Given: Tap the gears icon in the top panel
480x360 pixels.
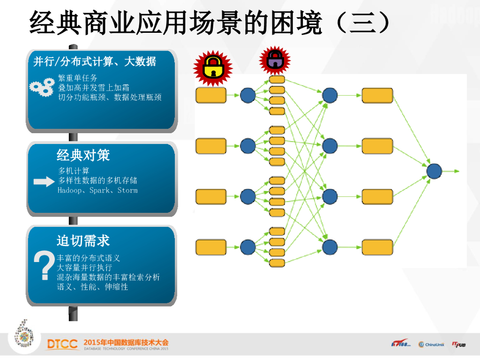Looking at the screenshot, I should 42,87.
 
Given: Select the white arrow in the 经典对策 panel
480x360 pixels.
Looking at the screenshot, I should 44,182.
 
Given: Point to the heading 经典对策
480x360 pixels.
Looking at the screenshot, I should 83,155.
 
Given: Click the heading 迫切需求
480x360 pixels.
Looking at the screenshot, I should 83,241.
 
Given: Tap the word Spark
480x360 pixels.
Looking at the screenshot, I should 99,191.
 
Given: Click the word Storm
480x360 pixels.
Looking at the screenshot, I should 127,191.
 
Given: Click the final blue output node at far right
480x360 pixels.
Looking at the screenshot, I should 434,171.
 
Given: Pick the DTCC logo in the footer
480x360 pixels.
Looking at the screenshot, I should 62,345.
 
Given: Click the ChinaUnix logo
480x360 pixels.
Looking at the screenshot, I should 431,345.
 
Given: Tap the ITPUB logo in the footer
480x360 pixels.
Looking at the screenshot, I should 459,345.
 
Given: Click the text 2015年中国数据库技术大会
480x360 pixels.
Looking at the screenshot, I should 126,342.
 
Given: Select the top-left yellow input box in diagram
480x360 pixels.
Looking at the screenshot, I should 211,95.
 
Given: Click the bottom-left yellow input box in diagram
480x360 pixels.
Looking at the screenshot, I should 211,247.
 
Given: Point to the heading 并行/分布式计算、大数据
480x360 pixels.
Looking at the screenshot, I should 95,61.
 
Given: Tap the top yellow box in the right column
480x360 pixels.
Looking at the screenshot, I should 377,95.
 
